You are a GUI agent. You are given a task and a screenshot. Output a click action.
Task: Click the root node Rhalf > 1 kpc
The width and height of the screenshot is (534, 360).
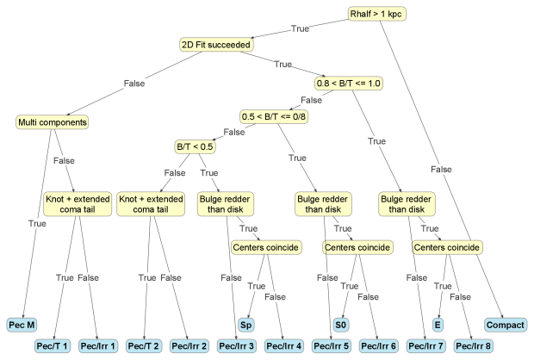tap(376, 14)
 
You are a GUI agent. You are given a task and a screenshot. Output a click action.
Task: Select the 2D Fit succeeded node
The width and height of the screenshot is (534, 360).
tap(215, 44)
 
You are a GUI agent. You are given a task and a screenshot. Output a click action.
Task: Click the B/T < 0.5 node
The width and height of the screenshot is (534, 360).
tap(195, 146)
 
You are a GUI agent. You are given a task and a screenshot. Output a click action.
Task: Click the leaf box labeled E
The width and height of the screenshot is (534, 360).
tap(438, 324)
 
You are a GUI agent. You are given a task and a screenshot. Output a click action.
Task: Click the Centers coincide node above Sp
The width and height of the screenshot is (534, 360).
tap(266, 247)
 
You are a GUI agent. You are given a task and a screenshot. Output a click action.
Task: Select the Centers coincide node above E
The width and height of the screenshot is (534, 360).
tap(448, 247)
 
